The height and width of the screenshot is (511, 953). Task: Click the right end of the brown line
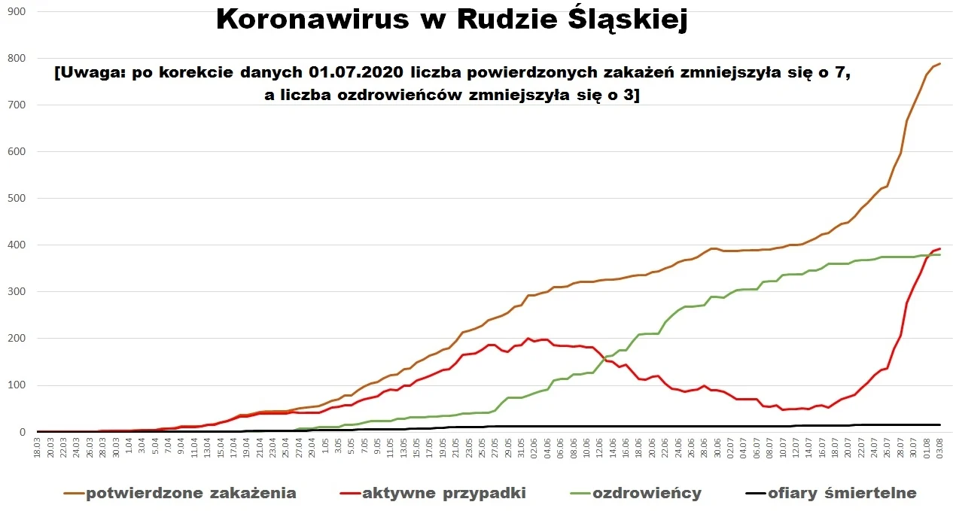pyautogui.click(x=940, y=64)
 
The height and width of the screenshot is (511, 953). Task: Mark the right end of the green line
pyautogui.click(x=940, y=255)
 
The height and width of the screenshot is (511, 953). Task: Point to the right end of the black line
pyautogui.click(x=940, y=425)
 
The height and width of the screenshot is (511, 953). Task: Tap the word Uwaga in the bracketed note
pyautogui.click(x=86, y=74)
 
